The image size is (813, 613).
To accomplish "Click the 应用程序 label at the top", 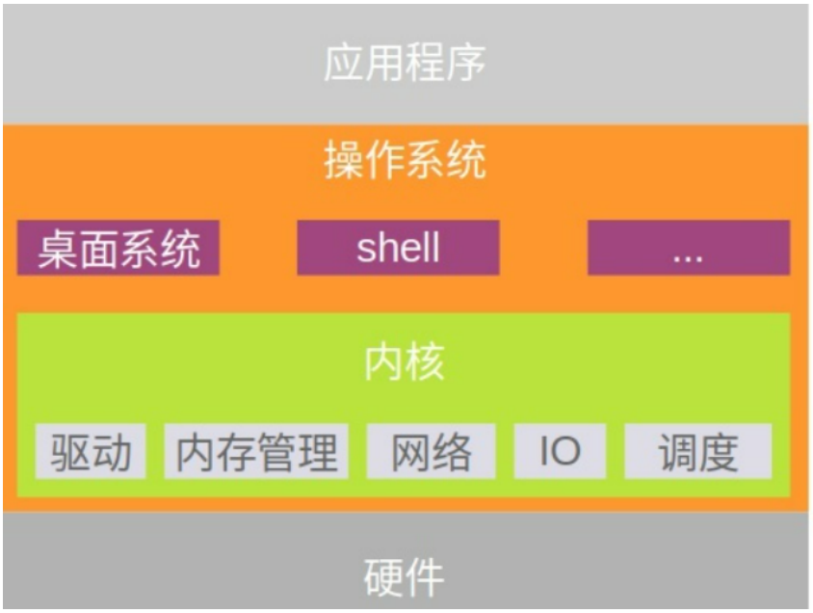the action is coord(405,63).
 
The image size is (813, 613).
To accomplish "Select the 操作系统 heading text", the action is coord(405,160).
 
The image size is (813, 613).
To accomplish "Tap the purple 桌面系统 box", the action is coord(118,248).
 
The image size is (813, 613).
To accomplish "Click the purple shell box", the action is coord(398,248).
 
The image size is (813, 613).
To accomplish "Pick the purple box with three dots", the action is coord(689,248).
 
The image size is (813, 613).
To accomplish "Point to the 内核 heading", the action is coord(405,361).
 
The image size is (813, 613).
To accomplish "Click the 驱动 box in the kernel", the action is coord(91,451).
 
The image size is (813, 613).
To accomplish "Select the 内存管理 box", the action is coord(256,451).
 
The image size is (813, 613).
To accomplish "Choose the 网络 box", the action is coord(431,451).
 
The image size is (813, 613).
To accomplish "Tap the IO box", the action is coord(560,451).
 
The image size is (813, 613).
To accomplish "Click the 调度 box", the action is coord(698,451).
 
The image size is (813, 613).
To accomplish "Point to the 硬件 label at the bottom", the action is coord(404,577).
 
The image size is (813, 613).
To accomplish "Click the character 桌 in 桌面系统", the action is coord(58,250).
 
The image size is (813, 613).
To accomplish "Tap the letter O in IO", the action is coord(565,451).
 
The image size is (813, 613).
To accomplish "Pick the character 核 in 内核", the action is coord(425,361).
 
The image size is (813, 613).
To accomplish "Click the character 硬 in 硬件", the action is coord(383,577).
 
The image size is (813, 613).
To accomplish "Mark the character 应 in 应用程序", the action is coord(344,63).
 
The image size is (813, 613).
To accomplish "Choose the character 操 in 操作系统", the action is coord(344,160).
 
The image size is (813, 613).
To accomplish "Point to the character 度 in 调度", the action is coord(719,452).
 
